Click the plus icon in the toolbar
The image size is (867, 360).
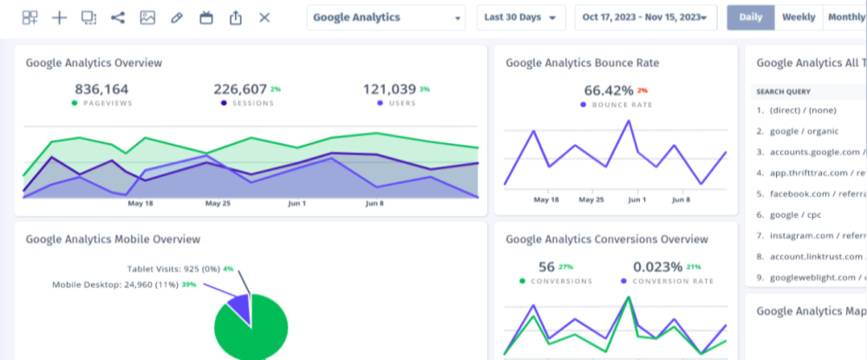(59, 17)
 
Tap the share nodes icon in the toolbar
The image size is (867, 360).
(118, 17)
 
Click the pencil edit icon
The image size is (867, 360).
(177, 17)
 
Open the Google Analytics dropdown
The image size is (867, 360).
(386, 17)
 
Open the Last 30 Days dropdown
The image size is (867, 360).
(520, 17)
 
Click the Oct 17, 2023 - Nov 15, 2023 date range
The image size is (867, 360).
(645, 17)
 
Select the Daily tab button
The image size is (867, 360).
(750, 17)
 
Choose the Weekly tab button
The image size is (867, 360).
(798, 17)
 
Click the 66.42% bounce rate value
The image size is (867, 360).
(609, 90)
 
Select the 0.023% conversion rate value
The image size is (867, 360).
(664, 266)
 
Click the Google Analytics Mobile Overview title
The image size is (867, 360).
(113, 239)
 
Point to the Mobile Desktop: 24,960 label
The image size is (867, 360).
(114, 285)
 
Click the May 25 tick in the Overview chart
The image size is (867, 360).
(218, 204)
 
